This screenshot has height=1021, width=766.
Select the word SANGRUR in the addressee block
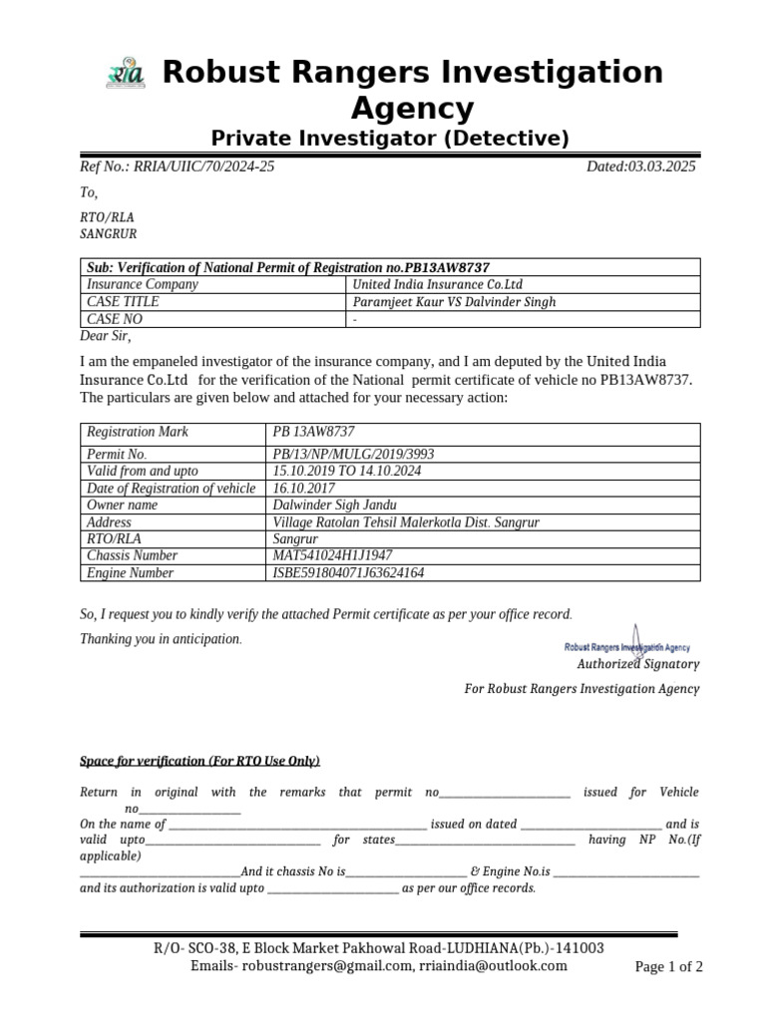coord(108,234)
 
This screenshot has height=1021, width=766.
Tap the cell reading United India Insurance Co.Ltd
coord(438,284)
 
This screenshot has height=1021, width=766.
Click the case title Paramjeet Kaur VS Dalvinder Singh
coord(454,302)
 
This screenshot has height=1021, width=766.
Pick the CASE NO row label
coord(115,319)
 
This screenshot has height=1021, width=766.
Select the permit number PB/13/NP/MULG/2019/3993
coord(353,454)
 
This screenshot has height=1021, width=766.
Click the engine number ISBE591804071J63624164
coord(348,573)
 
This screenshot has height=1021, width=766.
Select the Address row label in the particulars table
coord(109,521)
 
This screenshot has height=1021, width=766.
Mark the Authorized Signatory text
coord(638,664)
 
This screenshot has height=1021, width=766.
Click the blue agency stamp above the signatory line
coord(627,645)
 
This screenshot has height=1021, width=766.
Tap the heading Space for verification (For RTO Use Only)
coord(199,761)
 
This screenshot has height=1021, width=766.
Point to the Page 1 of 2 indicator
coord(669,966)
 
